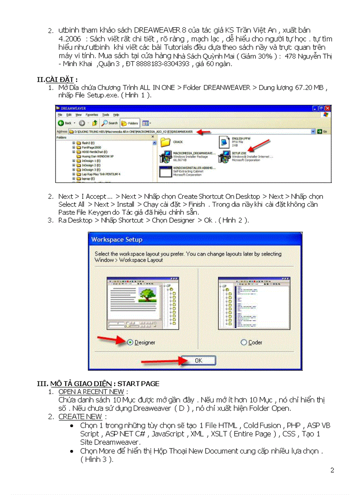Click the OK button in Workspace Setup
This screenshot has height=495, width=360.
click(x=198, y=361)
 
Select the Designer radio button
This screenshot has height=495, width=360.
click(x=130, y=342)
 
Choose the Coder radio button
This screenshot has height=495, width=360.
click(x=244, y=342)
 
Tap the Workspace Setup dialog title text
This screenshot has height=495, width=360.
click(x=117, y=239)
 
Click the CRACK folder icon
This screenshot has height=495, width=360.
click(x=165, y=142)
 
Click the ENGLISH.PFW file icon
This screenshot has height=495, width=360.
click(x=224, y=142)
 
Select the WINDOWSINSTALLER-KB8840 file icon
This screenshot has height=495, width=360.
click(x=165, y=171)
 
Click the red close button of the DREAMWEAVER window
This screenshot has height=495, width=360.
click(x=327, y=108)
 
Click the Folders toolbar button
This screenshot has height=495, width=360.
click(x=130, y=123)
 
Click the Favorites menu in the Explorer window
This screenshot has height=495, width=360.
click(x=92, y=115)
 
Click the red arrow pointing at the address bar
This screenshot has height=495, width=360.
click(x=203, y=131)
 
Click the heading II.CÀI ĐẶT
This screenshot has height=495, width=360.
click(x=57, y=79)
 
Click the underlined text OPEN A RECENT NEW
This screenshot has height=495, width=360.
click(x=91, y=391)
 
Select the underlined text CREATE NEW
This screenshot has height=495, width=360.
click(x=80, y=417)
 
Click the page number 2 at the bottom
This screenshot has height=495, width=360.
click(x=332, y=470)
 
